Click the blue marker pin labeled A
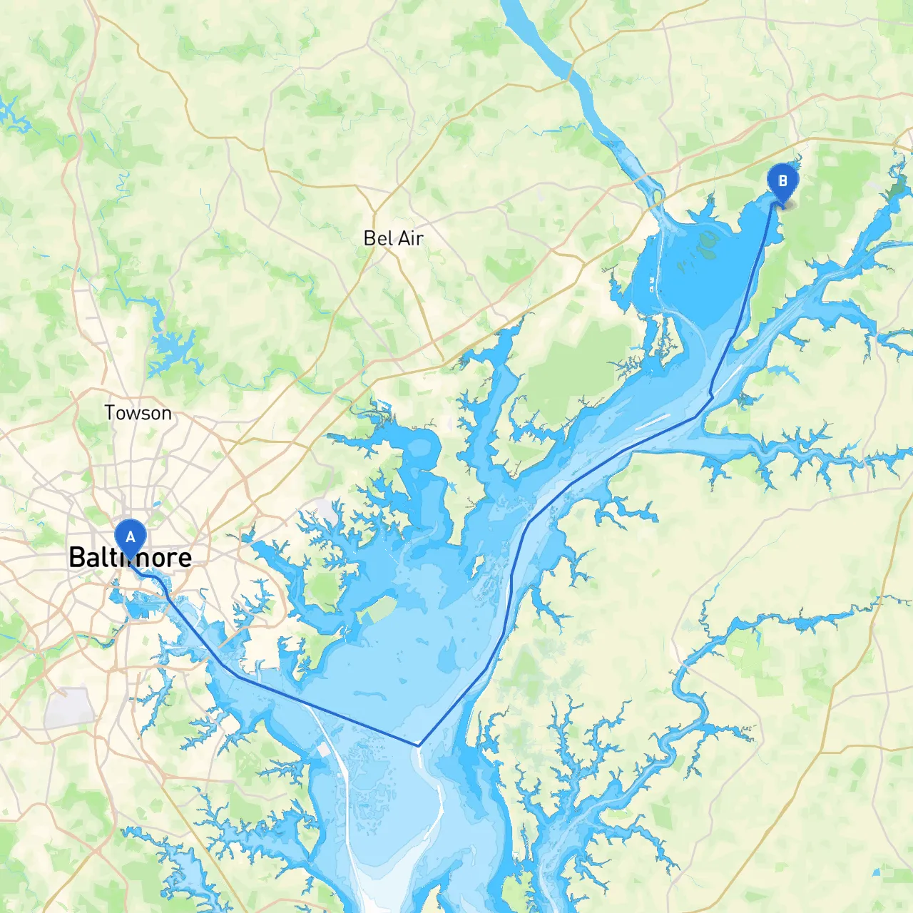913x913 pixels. point(130,538)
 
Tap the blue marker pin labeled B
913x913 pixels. point(782,181)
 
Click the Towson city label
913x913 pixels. point(138,412)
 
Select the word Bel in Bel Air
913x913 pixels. point(378,238)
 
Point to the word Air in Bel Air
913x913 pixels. point(409,238)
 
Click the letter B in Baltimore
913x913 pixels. point(78,558)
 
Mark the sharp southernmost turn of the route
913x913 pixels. point(418,745)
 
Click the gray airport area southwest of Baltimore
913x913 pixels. point(69,708)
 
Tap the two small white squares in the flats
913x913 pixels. point(652,284)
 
